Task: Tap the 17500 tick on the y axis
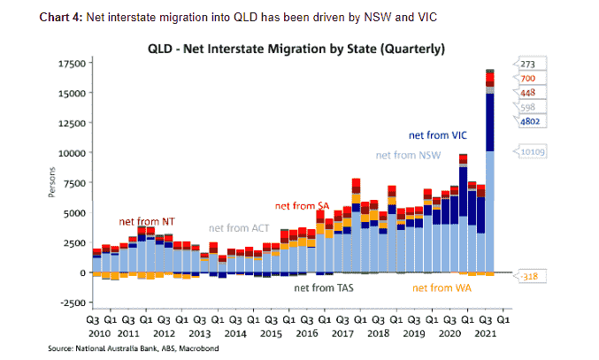(x=72, y=64)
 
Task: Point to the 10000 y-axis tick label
(x=72, y=153)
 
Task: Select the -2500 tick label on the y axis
(x=72, y=303)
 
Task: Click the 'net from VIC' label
(x=436, y=136)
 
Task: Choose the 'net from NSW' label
(x=407, y=156)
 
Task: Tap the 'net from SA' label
(x=303, y=206)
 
